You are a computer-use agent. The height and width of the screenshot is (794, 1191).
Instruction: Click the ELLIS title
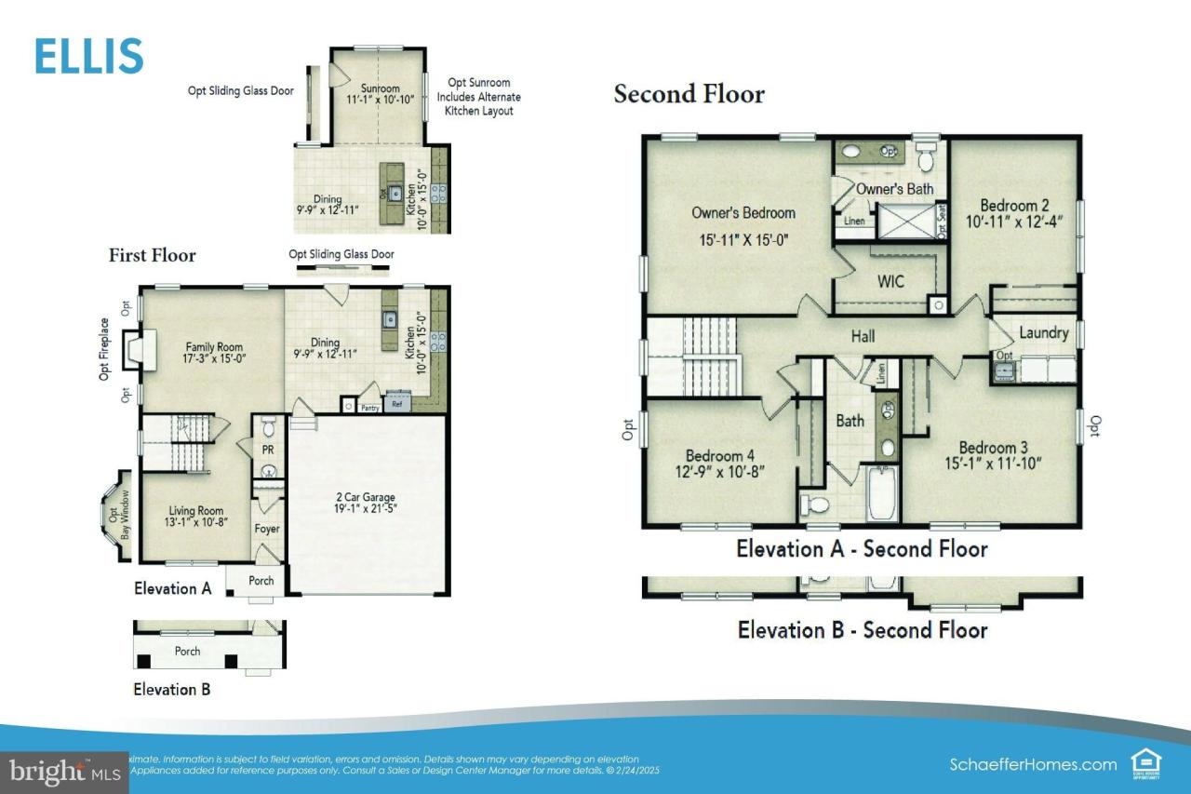[89, 56]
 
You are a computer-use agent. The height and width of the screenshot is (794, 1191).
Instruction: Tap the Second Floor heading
[689, 94]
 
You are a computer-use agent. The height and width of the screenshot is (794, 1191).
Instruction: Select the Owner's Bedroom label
[743, 213]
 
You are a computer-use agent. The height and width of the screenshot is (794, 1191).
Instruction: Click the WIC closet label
[890, 281]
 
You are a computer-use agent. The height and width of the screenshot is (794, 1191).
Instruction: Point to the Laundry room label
[1043, 333]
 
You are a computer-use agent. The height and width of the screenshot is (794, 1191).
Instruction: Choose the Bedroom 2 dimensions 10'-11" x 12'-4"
[1014, 222]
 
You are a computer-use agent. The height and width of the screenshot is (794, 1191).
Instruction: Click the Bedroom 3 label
[994, 447]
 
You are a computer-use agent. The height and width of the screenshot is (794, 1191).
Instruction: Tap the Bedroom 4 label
[719, 456]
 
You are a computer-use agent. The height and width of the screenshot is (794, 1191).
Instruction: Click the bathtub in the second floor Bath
[881, 495]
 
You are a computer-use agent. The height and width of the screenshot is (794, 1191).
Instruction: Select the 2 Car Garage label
[367, 496]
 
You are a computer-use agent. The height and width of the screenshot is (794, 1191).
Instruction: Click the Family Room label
[214, 347]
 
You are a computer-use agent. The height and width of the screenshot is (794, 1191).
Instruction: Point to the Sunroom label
[380, 88]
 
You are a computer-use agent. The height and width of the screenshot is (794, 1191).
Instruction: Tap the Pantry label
[370, 407]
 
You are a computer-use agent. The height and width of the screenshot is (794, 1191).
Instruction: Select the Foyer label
[267, 529]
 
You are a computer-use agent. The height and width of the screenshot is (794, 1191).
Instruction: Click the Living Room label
[195, 510]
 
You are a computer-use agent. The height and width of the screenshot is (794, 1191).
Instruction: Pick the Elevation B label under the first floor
[172, 690]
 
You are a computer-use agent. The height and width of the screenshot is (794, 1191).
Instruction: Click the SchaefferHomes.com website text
[1033, 764]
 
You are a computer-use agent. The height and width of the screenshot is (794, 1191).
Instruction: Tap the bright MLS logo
[63, 772]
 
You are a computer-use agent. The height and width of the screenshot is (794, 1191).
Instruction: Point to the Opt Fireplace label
[104, 349]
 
